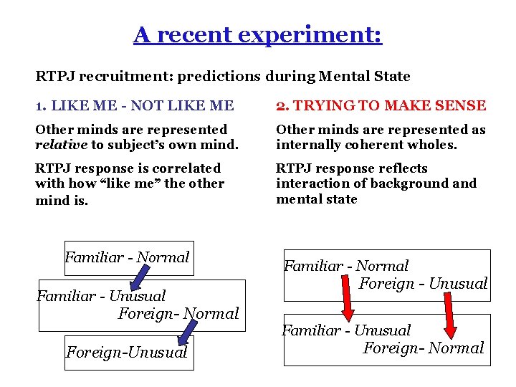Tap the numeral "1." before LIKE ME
(41, 106)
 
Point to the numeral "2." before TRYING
(283, 106)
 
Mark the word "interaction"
(309, 183)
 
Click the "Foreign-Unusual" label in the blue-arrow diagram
(127, 352)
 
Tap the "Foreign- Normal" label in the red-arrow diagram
(424, 348)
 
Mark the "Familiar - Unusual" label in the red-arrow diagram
(346, 330)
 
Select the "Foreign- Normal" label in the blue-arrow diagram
(178, 314)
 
